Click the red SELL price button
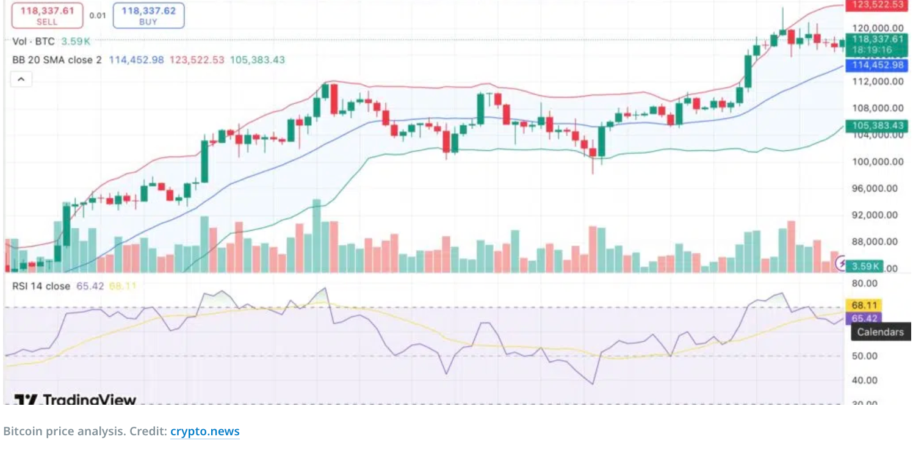coord(47,15)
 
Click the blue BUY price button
coord(148,15)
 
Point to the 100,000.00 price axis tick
coord(878,162)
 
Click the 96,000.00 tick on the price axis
coord(878,188)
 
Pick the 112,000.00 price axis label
coord(878,82)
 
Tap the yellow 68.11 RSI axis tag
coord(863,305)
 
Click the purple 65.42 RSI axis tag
coord(863,318)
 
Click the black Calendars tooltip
coord(880,332)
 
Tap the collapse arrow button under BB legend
coord(21,79)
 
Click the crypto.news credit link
coord(205,432)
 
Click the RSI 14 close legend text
coord(42,286)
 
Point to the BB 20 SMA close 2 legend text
coord(57,60)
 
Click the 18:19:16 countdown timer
coord(872,49)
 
